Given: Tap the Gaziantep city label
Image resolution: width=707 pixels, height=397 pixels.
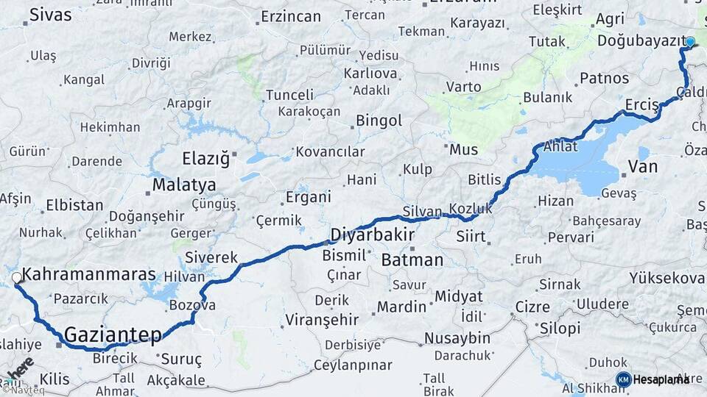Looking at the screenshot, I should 113,335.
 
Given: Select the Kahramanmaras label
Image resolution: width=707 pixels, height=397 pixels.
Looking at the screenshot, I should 89,274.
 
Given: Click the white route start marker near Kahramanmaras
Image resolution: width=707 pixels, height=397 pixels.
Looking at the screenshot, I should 16,278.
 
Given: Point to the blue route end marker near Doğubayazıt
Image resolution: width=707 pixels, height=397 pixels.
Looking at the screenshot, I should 690,42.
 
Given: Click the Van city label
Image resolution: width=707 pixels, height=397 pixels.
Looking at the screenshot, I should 642,166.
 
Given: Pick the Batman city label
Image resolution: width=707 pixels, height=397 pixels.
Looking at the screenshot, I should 412,260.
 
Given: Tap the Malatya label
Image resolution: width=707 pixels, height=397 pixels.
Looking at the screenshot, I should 184,185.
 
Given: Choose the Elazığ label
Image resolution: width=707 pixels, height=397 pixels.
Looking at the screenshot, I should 205,158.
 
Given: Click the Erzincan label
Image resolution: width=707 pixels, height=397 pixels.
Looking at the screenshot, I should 291,16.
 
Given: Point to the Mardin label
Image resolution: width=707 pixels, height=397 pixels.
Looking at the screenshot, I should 401,307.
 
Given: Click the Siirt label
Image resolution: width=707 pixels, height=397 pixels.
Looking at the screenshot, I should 471,237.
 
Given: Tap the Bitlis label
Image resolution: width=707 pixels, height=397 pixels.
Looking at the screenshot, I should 484,179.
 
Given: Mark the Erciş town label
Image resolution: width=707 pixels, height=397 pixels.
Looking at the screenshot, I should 641,106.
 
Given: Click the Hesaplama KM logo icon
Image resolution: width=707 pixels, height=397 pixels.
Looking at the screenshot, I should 623,379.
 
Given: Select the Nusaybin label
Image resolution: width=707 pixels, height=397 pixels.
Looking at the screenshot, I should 457,338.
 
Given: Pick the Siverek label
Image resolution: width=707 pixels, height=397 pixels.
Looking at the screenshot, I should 211,257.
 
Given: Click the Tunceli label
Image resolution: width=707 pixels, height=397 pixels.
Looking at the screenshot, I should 289,95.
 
